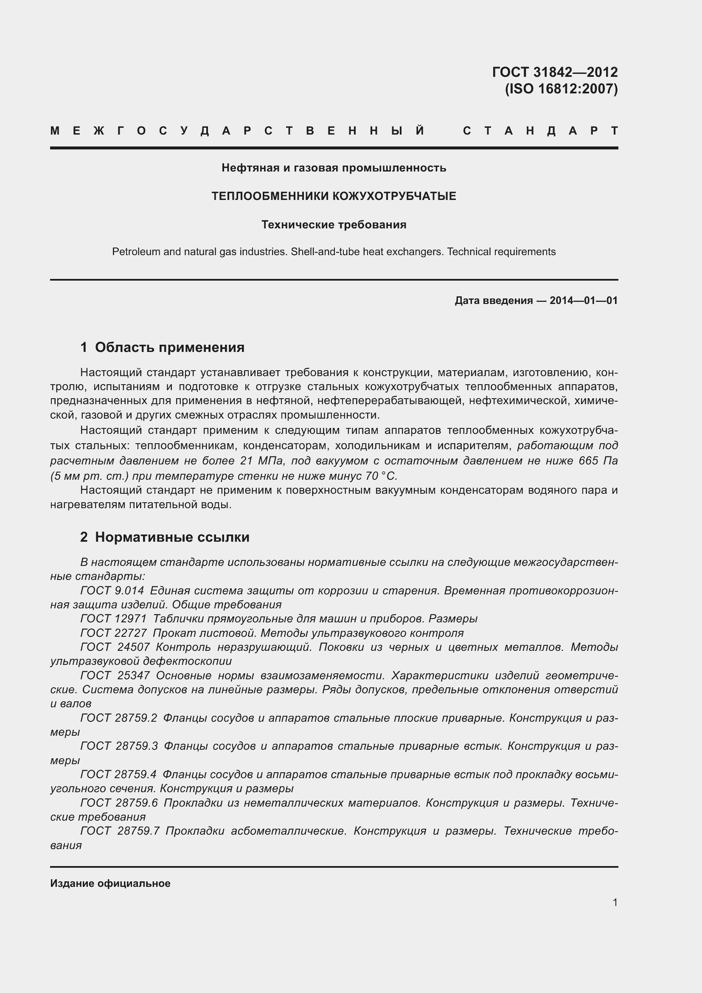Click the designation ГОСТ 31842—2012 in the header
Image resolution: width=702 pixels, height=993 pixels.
[555, 72]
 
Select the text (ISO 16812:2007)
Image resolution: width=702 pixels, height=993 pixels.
[561, 89]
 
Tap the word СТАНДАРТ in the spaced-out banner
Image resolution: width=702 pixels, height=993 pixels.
[540, 131]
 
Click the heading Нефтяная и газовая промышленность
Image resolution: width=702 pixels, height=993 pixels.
[334, 168]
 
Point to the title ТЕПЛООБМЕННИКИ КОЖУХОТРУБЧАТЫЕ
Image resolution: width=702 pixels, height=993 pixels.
[334, 197]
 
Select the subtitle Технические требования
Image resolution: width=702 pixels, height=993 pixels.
[334, 225]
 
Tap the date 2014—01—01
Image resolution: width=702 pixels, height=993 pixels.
[584, 301]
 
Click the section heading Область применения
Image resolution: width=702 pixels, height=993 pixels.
[169, 347]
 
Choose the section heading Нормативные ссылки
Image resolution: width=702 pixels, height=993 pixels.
[172, 537]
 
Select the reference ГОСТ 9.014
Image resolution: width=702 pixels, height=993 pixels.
[112, 591]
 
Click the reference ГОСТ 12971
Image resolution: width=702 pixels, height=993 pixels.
[113, 619]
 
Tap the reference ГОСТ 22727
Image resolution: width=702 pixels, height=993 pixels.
[113, 633]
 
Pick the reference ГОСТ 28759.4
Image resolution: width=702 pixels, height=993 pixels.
[118, 775]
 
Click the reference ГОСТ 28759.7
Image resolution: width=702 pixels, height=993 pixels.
[120, 831]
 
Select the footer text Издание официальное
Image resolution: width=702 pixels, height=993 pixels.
[110, 883]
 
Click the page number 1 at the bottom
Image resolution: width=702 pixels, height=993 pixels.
[615, 903]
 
